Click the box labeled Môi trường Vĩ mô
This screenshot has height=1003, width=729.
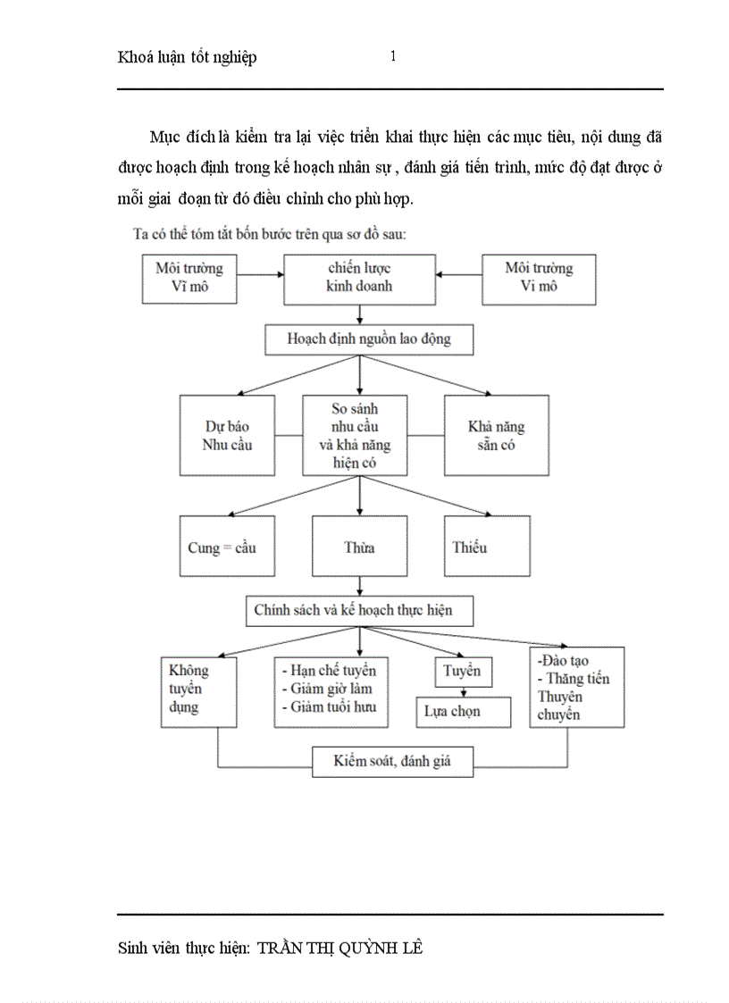pos(189,278)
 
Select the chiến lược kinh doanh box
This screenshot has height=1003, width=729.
pos(359,278)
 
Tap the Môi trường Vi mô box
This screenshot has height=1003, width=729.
pos(539,278)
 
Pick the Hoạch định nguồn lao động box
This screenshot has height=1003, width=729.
pos(368,339)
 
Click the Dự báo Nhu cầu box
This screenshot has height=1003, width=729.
pos(227,435)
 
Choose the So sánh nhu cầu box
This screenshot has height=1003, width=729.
pos(355,435)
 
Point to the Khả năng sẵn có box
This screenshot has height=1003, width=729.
pos(496,435)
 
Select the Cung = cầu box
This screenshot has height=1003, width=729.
pos(227,546)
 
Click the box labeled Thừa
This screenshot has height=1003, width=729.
pos(359,546)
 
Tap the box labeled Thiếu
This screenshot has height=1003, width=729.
pos(488,546)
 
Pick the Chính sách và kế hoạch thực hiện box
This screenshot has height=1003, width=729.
pos(359,611)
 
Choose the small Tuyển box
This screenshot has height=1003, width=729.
pos(463,672)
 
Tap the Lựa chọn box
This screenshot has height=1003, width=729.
pos(463,712)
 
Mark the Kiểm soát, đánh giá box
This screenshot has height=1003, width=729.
pos(392,761)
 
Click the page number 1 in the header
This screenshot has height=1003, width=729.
pos(393,56)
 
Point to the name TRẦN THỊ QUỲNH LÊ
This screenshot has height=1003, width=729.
pos(339,948)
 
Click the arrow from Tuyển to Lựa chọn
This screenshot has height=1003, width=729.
pos(463,691)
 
